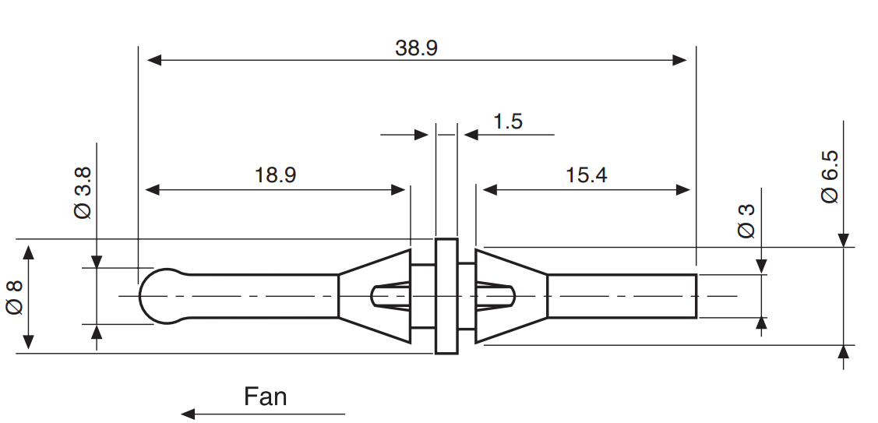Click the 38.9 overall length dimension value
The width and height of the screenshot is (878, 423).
point(416,48)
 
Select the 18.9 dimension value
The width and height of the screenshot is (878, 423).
point(275,175)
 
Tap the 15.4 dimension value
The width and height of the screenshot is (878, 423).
point(586,175)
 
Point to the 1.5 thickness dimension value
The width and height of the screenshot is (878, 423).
point(507,122)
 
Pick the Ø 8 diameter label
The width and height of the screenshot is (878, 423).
point(14,296)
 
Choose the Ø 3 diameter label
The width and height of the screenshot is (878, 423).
point(746,220)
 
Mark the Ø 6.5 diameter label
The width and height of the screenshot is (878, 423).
point(830,176)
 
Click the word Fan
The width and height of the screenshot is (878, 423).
point(265,397)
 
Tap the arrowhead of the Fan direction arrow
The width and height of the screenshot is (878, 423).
point(187,414)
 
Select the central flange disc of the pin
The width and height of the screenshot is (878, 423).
point(446,296)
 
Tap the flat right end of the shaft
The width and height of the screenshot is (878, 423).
point(696,296)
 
